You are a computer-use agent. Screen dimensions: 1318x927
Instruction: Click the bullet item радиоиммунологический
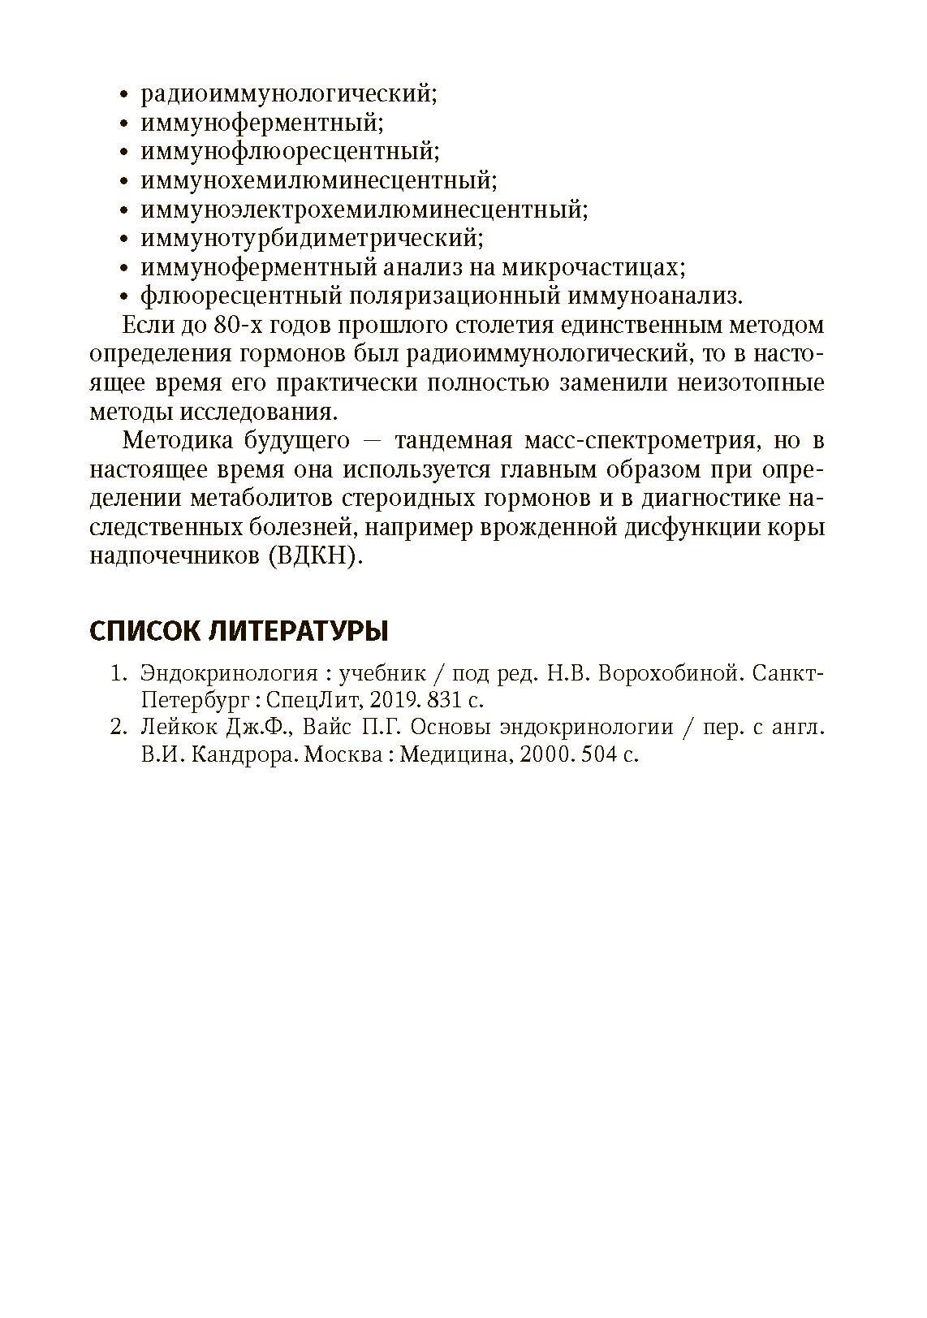(x=288, y=94)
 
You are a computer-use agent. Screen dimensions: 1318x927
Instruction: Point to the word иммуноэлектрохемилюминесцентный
(x=363, y=210)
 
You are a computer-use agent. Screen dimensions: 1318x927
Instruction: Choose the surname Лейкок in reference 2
(x=176, y=728)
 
